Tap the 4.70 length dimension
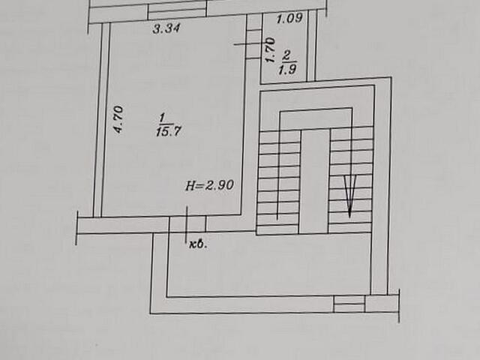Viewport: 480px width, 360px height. click(118, 119)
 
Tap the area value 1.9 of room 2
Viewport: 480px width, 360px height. click(287, 71)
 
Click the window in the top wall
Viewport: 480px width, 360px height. click(177, 10)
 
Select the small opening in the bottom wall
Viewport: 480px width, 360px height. click(349, 304)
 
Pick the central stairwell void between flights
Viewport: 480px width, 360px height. click(314, 180)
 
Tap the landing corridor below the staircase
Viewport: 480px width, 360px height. click(270, 266)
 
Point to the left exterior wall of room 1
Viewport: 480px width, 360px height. click(98, 120)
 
